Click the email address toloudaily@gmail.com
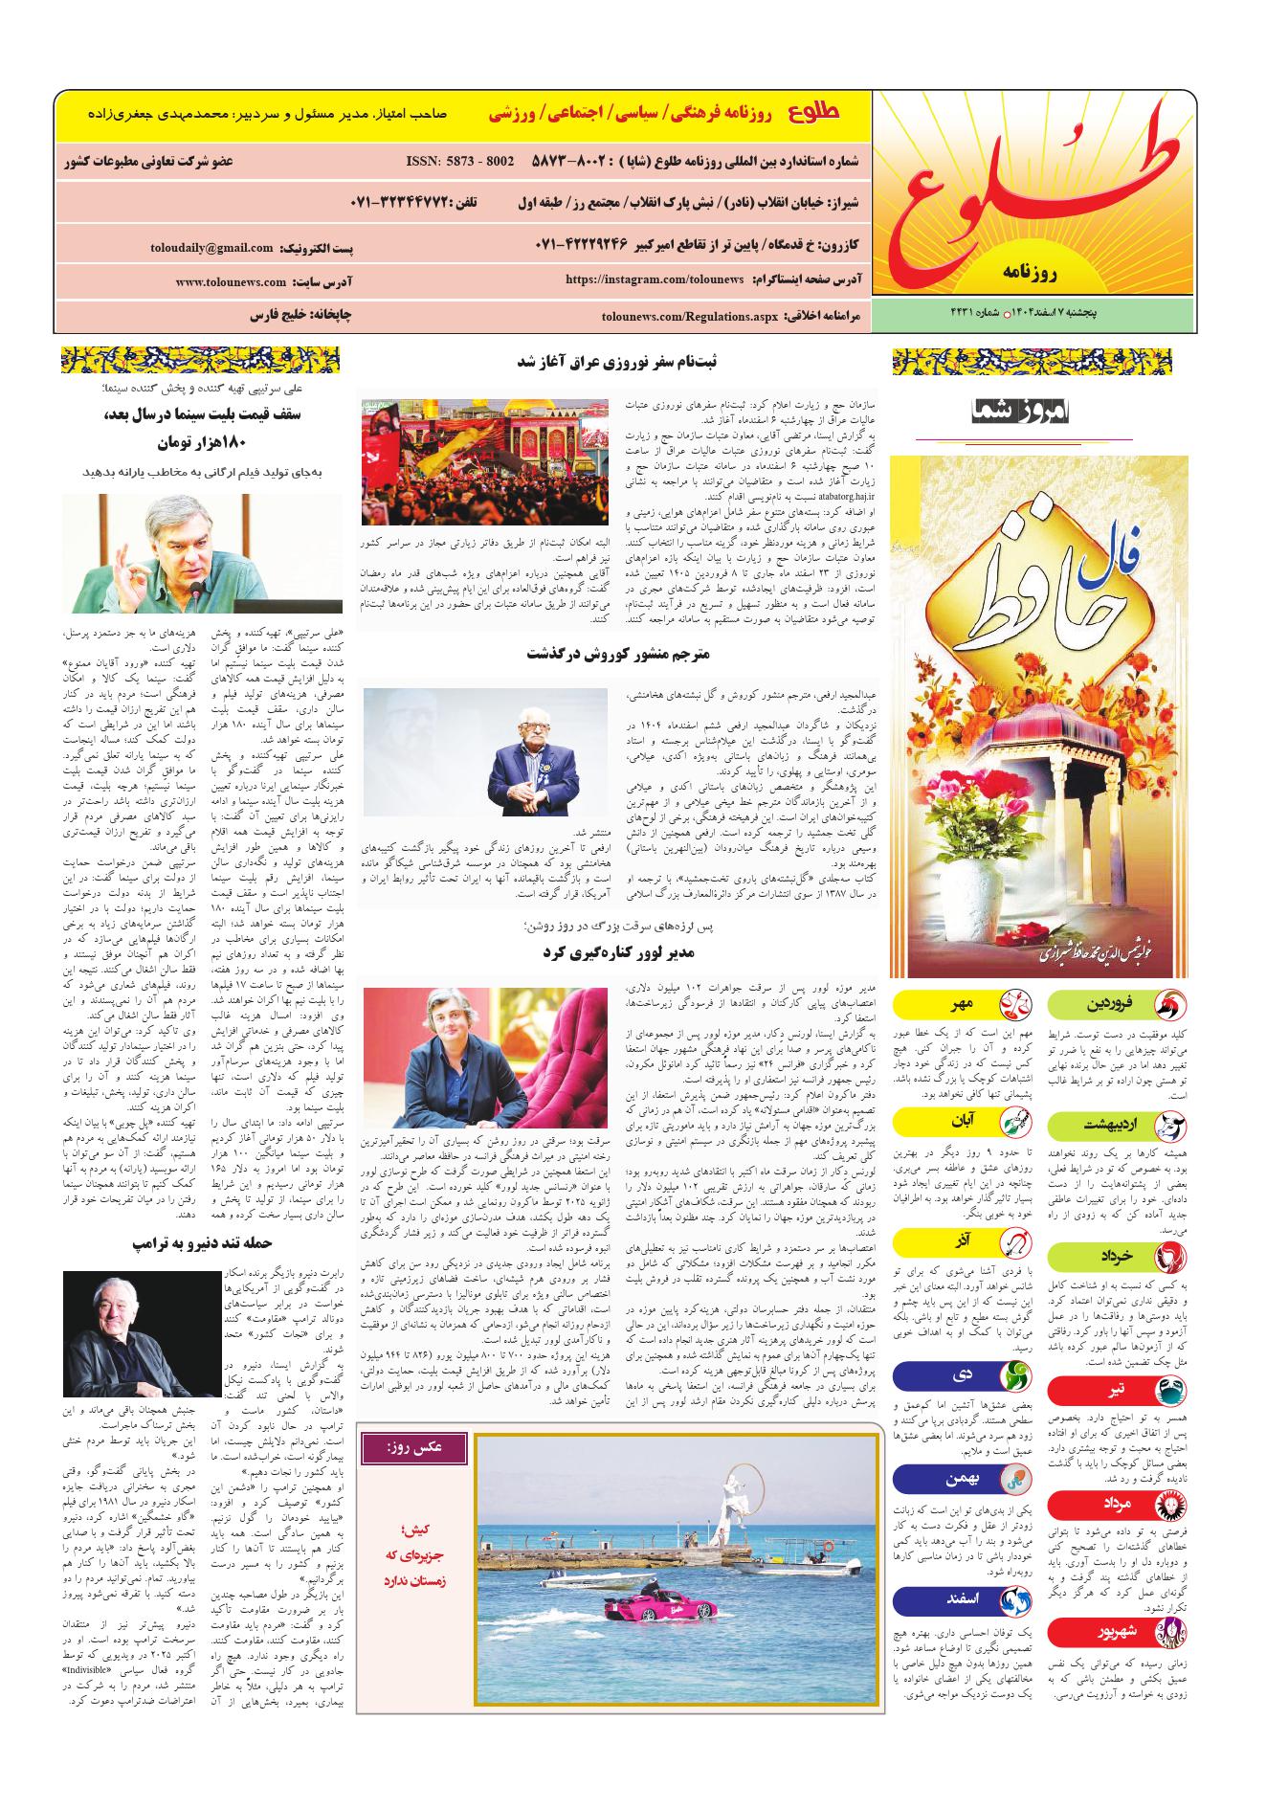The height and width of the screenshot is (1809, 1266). click(211, 249)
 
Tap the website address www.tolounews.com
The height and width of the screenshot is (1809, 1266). click(231, 282)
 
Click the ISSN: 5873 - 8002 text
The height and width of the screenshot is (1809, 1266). click(460, 161)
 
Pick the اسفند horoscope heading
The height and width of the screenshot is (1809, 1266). click(960, 1600)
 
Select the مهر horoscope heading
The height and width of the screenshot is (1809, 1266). click(960, 1006)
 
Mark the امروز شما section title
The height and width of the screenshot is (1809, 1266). click(1025, 413)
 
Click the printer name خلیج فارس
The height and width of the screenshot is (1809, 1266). click(283, 314)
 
